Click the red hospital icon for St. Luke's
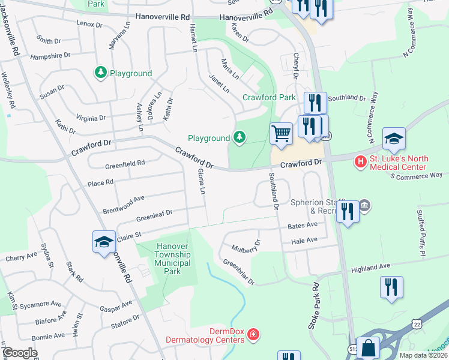pyautogui.click(x=360, y=161)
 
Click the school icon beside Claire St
pyautogui.click(x=104, y=242)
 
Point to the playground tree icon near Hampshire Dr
pyautogui.click(x=100, y=73)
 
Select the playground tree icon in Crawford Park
pyautogui.click(x=240, y=138)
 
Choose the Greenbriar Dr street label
pyautogui.click(x=239, y=271)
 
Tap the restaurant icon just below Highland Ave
pyautogui.click(x=391, y=286)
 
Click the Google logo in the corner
pyautogui.click(x=19, y=353)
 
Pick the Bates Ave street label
pyautogui.click(x=303, y=225)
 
